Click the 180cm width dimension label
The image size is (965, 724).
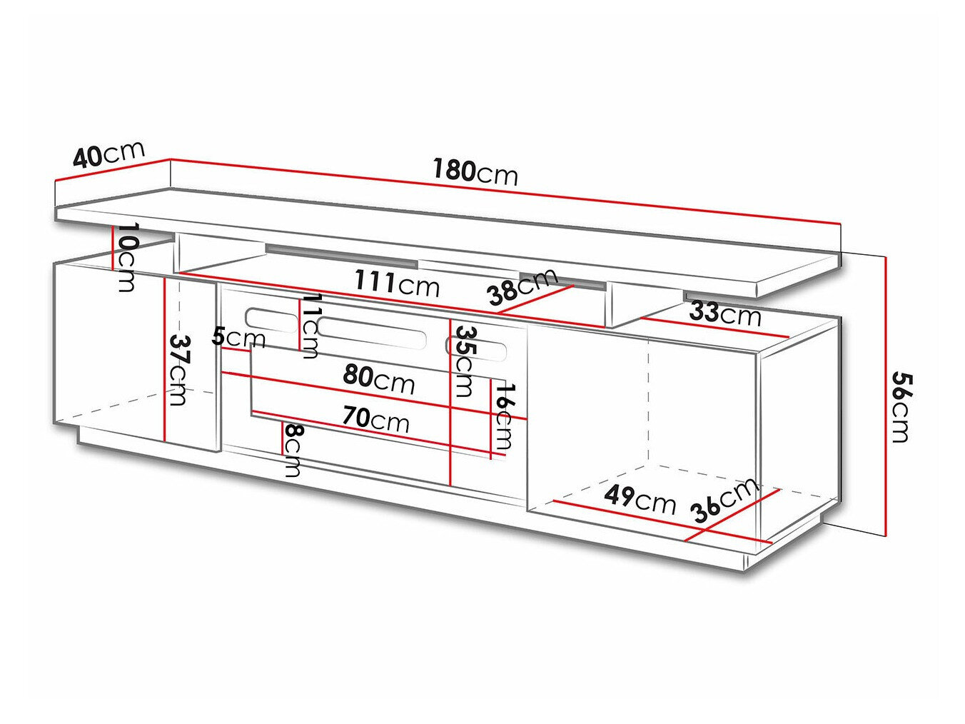tap(475, 172)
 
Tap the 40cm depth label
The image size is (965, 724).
tap(108, 154)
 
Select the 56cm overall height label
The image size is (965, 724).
tap(901, 406)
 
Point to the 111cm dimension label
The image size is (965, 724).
tap(397, 283)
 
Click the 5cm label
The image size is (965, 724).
tap(238, 337)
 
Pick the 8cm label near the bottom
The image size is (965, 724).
tap(293, 450)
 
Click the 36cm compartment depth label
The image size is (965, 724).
tap(724, 499)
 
